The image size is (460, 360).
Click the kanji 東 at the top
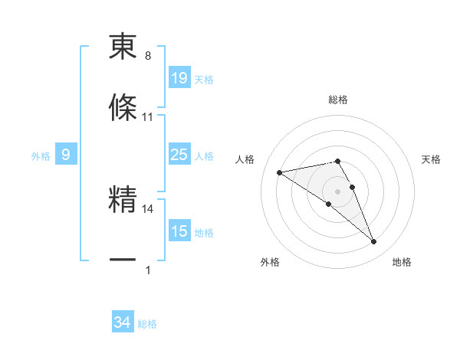pyautogui.click(x=123, y=48)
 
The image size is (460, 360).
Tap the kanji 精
pyautogui.click(x=123, y=200)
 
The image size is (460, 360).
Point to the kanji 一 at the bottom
pyautogui.click(x=123, y=260)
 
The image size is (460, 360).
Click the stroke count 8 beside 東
pyautogui.click(x=148, y=56)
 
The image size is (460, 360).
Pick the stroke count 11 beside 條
pyautogui.click(x=148, y=116)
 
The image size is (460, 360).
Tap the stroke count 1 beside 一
pyautogui.click(x=148, y=270)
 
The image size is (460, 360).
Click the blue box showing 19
pyautogui.click(x=179, y=78)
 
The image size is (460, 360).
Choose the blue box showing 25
pyautogui.click(x=179, y=155)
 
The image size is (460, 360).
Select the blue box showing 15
pyautogui.click(x=179, y=231)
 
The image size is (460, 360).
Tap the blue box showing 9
pyautogui.click(x=66, y=155)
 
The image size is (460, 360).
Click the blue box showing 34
pyautogui.click(x=123, y=323)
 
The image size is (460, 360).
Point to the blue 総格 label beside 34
pyautogui.click(x=147, y=324)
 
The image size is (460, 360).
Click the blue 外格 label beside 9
pyautogui.click(x=41, y=156)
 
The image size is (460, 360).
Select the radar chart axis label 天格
pyautogui.click(x=432, y=159)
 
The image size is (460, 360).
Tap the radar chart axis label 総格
pyautogui.click(x=338, y=100)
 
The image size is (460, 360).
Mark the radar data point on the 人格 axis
pyautogui.click(x=280, y=172)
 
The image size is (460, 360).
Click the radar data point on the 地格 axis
pyautogui.click(x=374, y=242)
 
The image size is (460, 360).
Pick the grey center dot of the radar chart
pyautogui.click(x=338, y=191)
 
